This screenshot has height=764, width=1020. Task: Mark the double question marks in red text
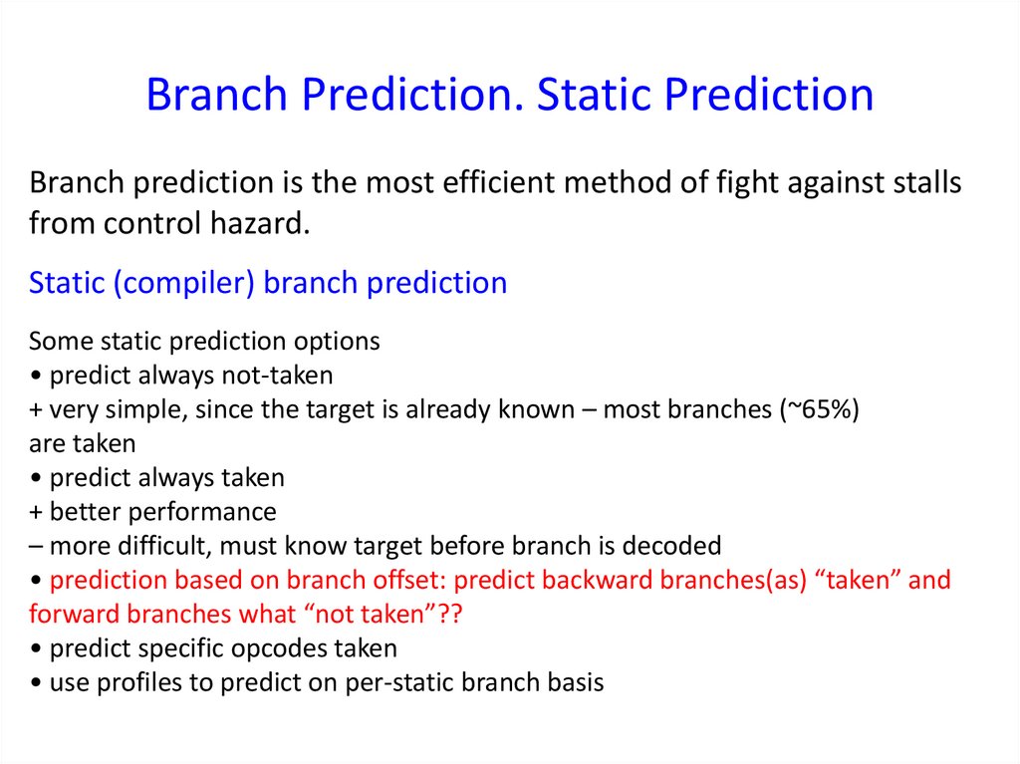tap(449, 614)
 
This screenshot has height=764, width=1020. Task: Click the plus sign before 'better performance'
tap(36, 513)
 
